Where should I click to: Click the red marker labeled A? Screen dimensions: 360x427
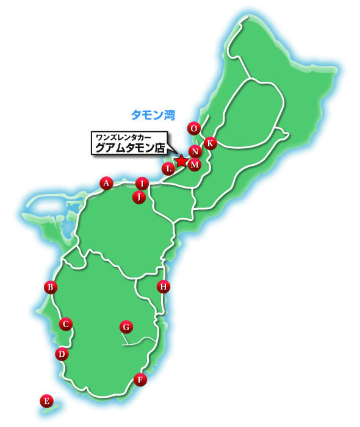[x=106, y=182]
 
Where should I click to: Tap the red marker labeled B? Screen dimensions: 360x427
[x=51, y=287]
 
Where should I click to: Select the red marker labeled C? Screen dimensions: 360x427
[x=66, y=324]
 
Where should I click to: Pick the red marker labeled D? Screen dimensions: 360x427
[x=61, y=353]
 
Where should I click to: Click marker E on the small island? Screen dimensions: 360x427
[x=45, y=401]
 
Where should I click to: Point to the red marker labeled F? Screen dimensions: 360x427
[x=140, y=379]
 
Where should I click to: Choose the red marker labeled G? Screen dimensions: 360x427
[x=125, y=326]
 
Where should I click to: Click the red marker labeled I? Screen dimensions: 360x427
[x=142, y=183]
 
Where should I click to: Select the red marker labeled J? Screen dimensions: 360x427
[x=139, y=196]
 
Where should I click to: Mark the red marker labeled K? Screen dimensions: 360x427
[x=210, y=143]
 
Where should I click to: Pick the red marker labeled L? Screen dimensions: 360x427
[x=168, y=168]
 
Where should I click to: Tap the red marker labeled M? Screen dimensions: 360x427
[x=194, y=164]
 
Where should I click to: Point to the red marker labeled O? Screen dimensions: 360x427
[x=194, y=128]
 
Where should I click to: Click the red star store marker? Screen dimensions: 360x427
[x=181, y=160]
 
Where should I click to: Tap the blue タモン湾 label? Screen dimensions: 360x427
[x=153, y=113]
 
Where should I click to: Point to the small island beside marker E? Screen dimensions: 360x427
[x=51, y=412]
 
